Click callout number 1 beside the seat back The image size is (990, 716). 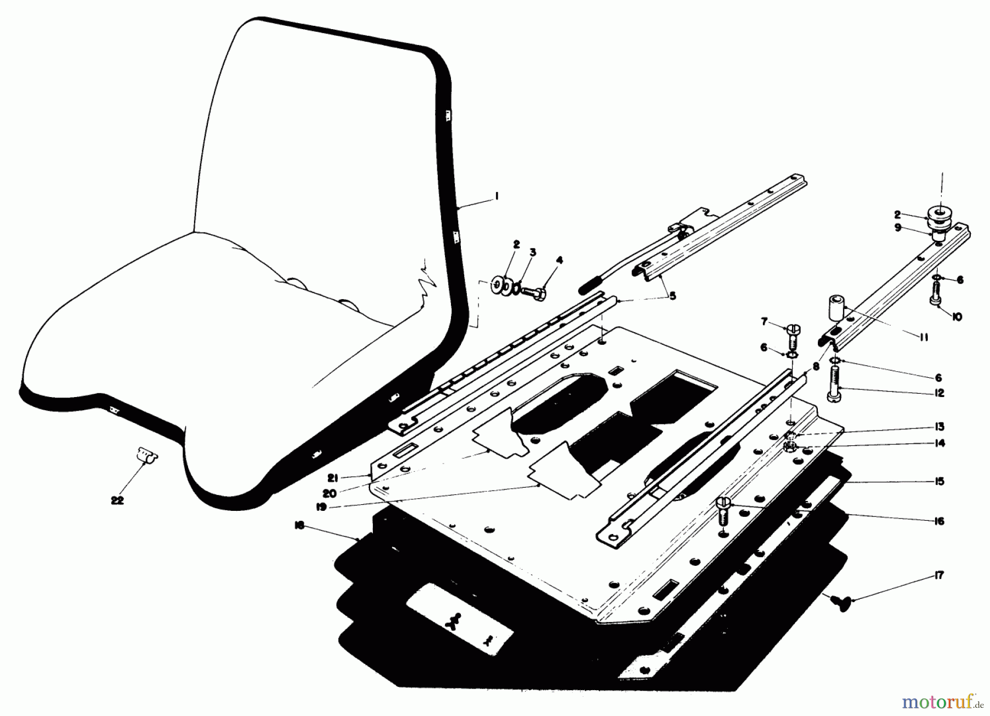[x=496, y=196]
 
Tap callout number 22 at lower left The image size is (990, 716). [x=117, y=500]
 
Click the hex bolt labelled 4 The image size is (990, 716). [x=533, y=293]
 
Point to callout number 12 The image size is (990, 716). [x=939, y=393]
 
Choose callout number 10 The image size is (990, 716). [x=957, y=317]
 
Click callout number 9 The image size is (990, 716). [x=898, y=228]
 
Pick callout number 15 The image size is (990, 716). [x=939, y=482]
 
